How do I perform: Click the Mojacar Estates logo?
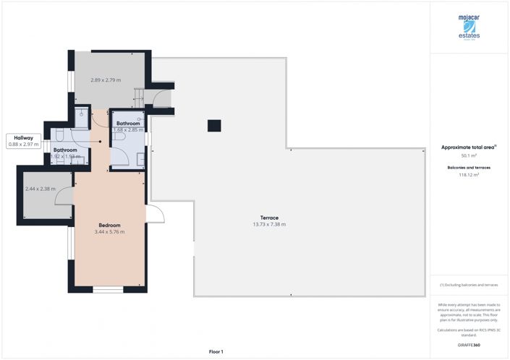click(x=469, y=27)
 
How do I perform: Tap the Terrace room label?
click(x=269, y=218)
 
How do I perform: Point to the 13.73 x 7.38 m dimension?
click(x=269, y=225)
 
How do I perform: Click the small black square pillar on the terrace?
click(x=214, y=126)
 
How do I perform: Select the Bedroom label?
click(x=109, y=225)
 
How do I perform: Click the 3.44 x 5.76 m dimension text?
click(x=109, y=232)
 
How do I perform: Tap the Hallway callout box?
click(x=24, y=141)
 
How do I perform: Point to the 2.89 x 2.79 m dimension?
click(x=105, y=80)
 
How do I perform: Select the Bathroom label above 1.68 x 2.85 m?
click(x=128, y=124)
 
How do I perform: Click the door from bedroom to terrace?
click(x=155, y=214)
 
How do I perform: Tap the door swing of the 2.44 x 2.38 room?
click(x=64, y=194)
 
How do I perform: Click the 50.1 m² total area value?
click(x=469, y=155)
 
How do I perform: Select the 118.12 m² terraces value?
click(x=469, y=174)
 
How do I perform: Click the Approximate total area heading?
click(x=469, y=147)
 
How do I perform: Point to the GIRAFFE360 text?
click(x=469, y=346)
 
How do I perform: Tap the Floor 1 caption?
click(x=216, y=351)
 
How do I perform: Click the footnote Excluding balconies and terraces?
click(x=469, y=285)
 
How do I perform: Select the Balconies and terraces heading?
click(x=469, y=167)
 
